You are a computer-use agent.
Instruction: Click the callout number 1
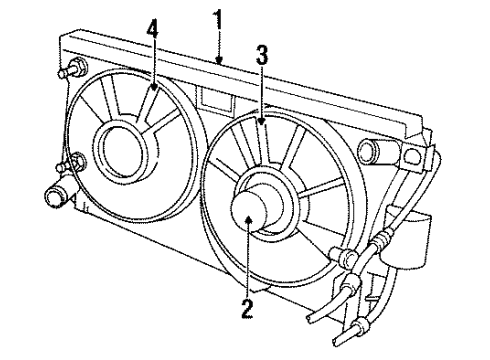click(x=218, y=18)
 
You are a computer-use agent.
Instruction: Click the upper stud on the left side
click(x=73, y=73)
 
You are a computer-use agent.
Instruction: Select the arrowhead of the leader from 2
click(x=246, y=232)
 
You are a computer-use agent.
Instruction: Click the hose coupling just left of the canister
click(x=382, y=241)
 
